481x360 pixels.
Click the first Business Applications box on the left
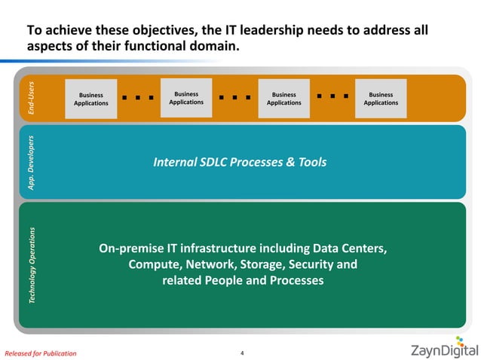pos(90,99)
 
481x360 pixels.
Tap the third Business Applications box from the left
pos(283,99)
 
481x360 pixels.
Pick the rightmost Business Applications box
pos(381,99)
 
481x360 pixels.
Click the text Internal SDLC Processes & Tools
pos(240,162)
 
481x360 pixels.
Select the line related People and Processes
pos(243,281)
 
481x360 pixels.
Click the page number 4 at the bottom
pos(241,350)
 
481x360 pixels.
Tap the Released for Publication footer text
pos(41,352)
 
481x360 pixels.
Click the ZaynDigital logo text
pos(443,350)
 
